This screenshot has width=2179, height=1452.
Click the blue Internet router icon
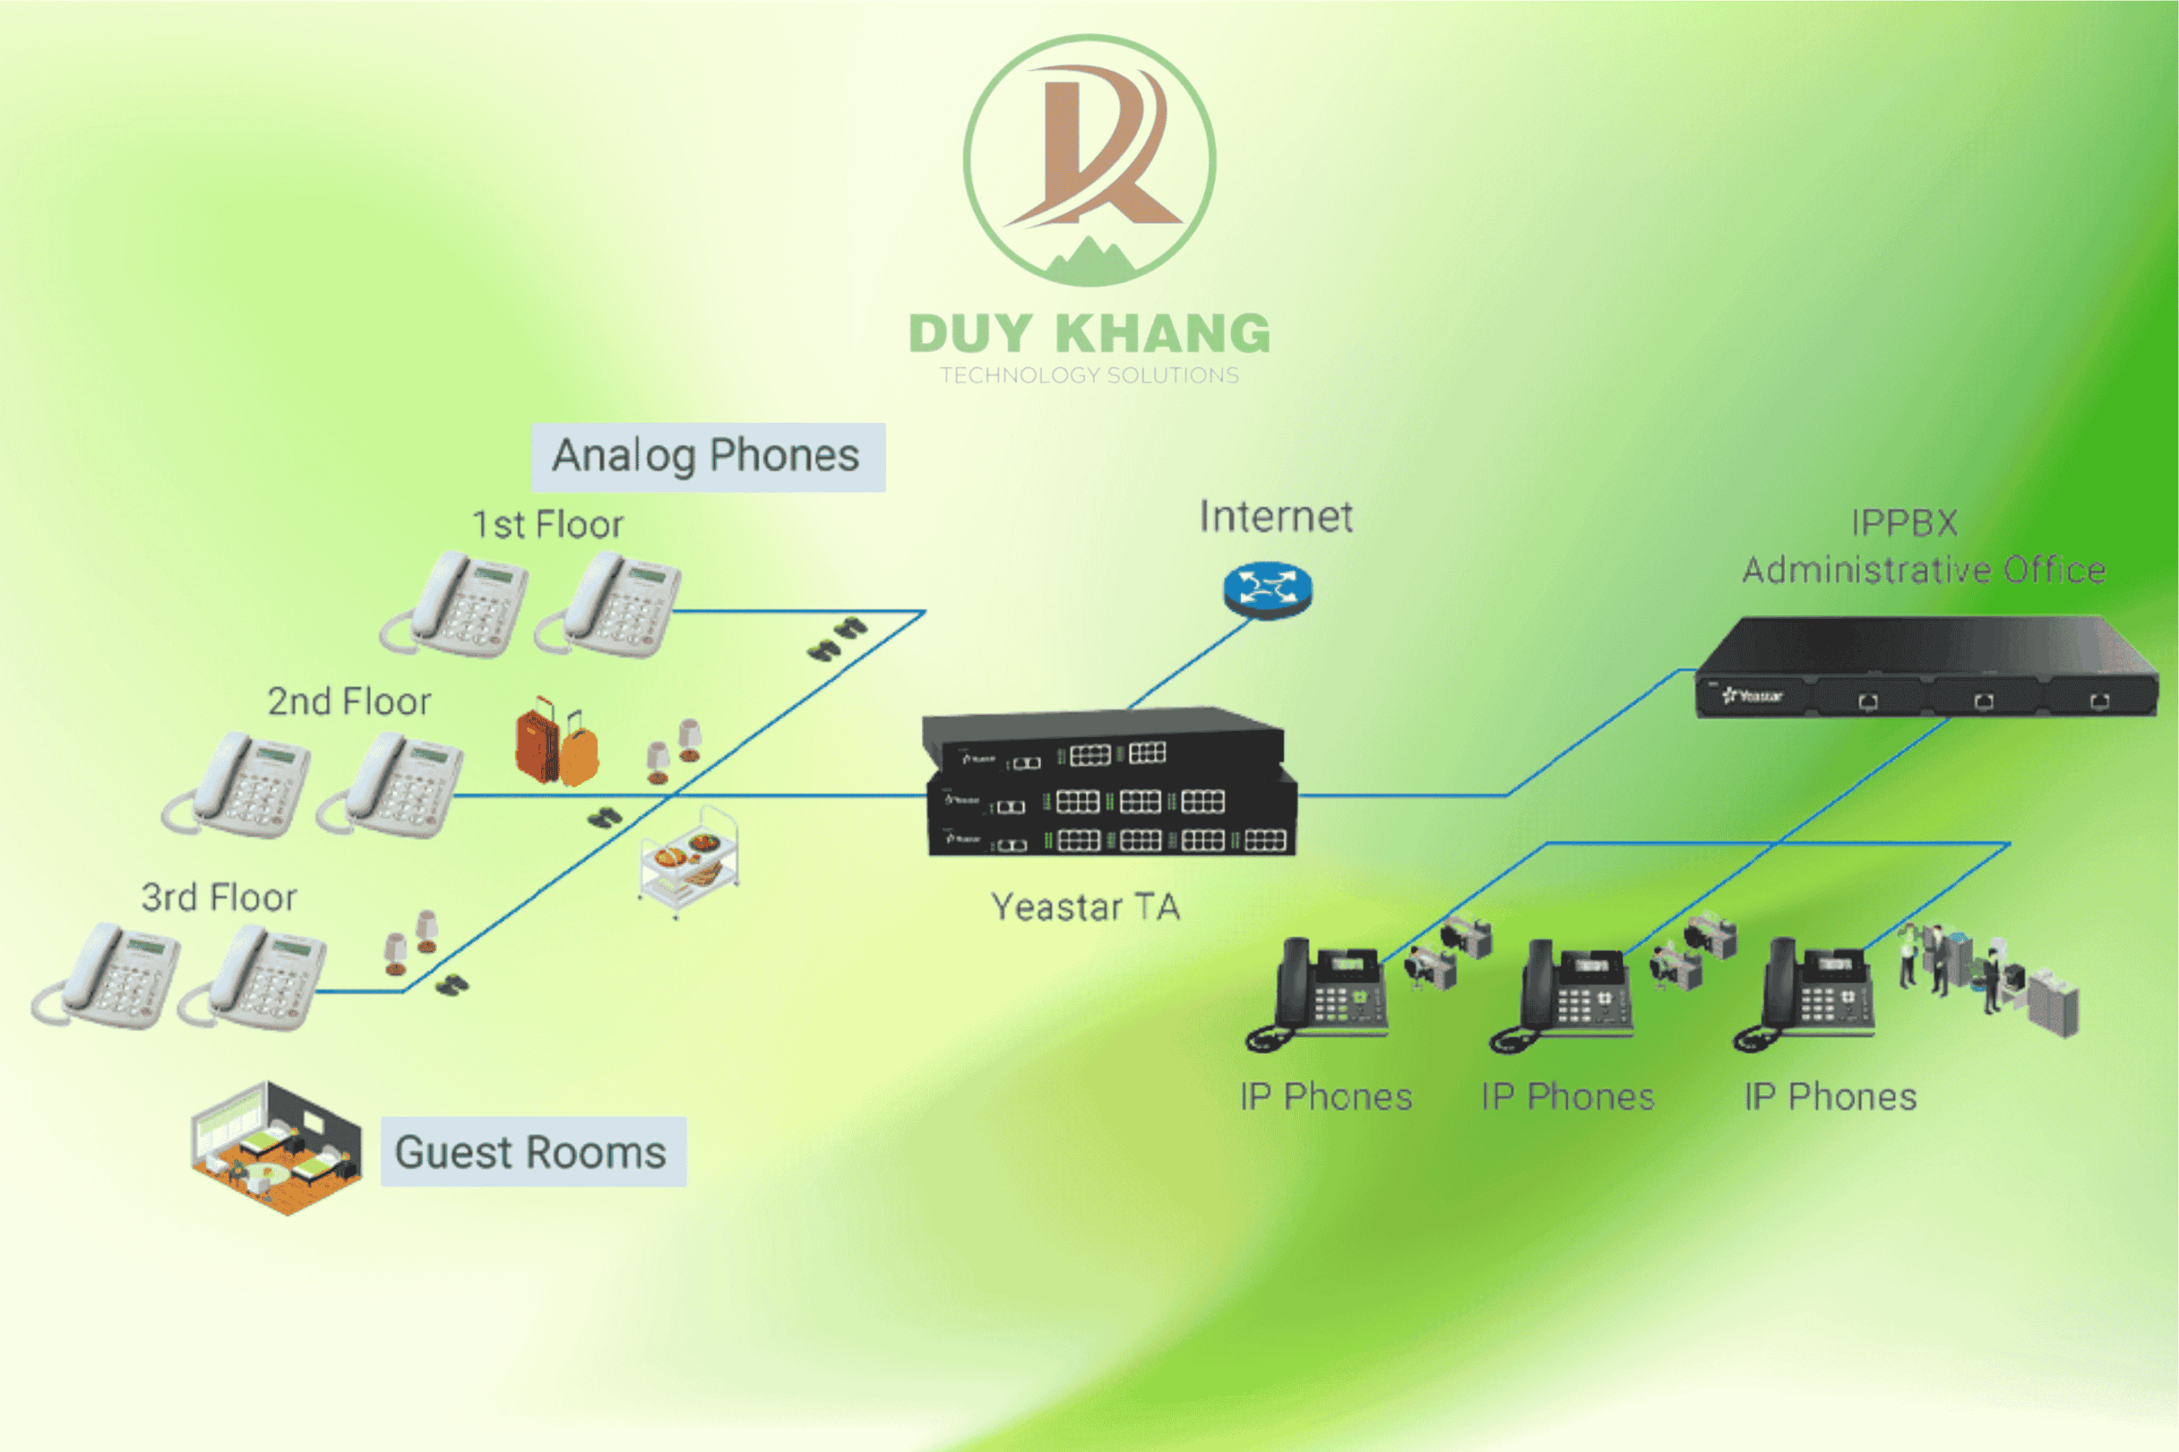[x=1267, y=590]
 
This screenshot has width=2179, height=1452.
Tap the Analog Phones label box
[x=707, y=456]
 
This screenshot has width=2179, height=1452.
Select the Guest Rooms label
[x=534, y=1151]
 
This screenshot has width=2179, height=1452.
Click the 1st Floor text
[x=548, y=524]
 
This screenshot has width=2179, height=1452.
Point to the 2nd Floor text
[x=349, y=701]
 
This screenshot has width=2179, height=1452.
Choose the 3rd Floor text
[x=219, y=896]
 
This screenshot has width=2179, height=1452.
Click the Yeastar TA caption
[x=1085, y=906]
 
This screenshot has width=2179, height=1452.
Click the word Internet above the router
[x=1276, y=516]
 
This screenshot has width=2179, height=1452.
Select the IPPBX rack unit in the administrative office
[x=1926, y=666]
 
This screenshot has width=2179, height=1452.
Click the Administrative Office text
[x=1924, y=569]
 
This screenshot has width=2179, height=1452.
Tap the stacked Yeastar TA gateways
[x=1109, y=781]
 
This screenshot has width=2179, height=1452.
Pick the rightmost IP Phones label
[x=1830, y=1096]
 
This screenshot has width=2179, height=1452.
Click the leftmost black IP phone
[x=1317, y=996]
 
